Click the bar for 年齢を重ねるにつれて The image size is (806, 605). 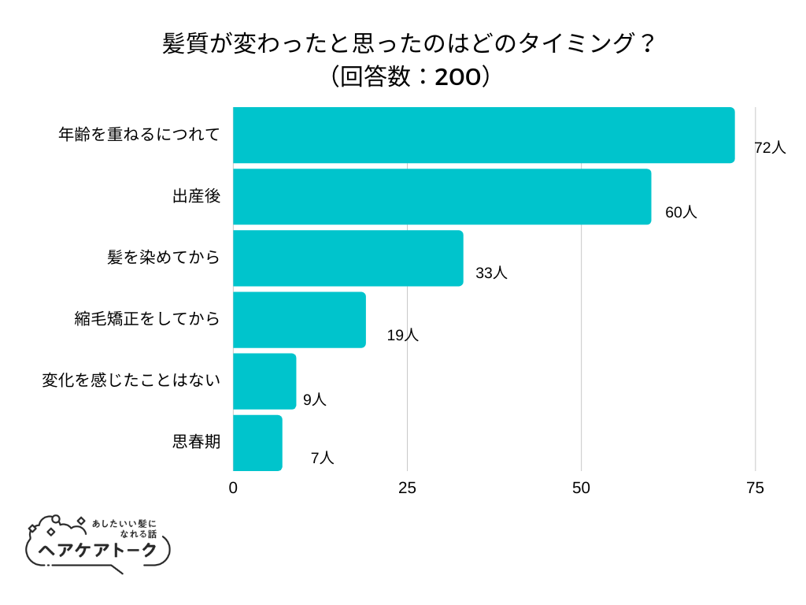[483, 135]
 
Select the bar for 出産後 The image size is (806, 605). [442, 197]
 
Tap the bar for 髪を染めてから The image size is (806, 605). [348, 258]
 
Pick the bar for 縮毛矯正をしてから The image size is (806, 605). [299, 320]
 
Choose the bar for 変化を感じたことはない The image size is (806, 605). [264, 381]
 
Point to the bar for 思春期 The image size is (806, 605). [257, 443]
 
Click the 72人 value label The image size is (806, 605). [770, 147]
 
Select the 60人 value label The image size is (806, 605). [681, 212]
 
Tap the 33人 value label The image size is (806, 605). [491, 273]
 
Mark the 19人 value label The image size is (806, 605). [402, 335]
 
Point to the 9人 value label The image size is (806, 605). [314, 399]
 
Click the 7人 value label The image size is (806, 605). [322, 458]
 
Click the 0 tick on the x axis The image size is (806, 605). [233, 488]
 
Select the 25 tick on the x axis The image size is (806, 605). [407, 488]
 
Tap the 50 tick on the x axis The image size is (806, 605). [581, 488]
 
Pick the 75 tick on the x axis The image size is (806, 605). [755, 488]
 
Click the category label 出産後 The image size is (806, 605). [196, 197]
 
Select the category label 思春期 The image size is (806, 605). [196, 442]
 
